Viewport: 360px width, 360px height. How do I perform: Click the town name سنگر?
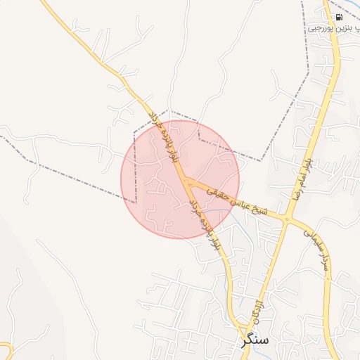(x=254, y=340)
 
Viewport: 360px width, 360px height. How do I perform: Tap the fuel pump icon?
(x=339, y=17)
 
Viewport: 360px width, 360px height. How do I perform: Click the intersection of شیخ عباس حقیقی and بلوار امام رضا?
(x=286, y=219)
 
